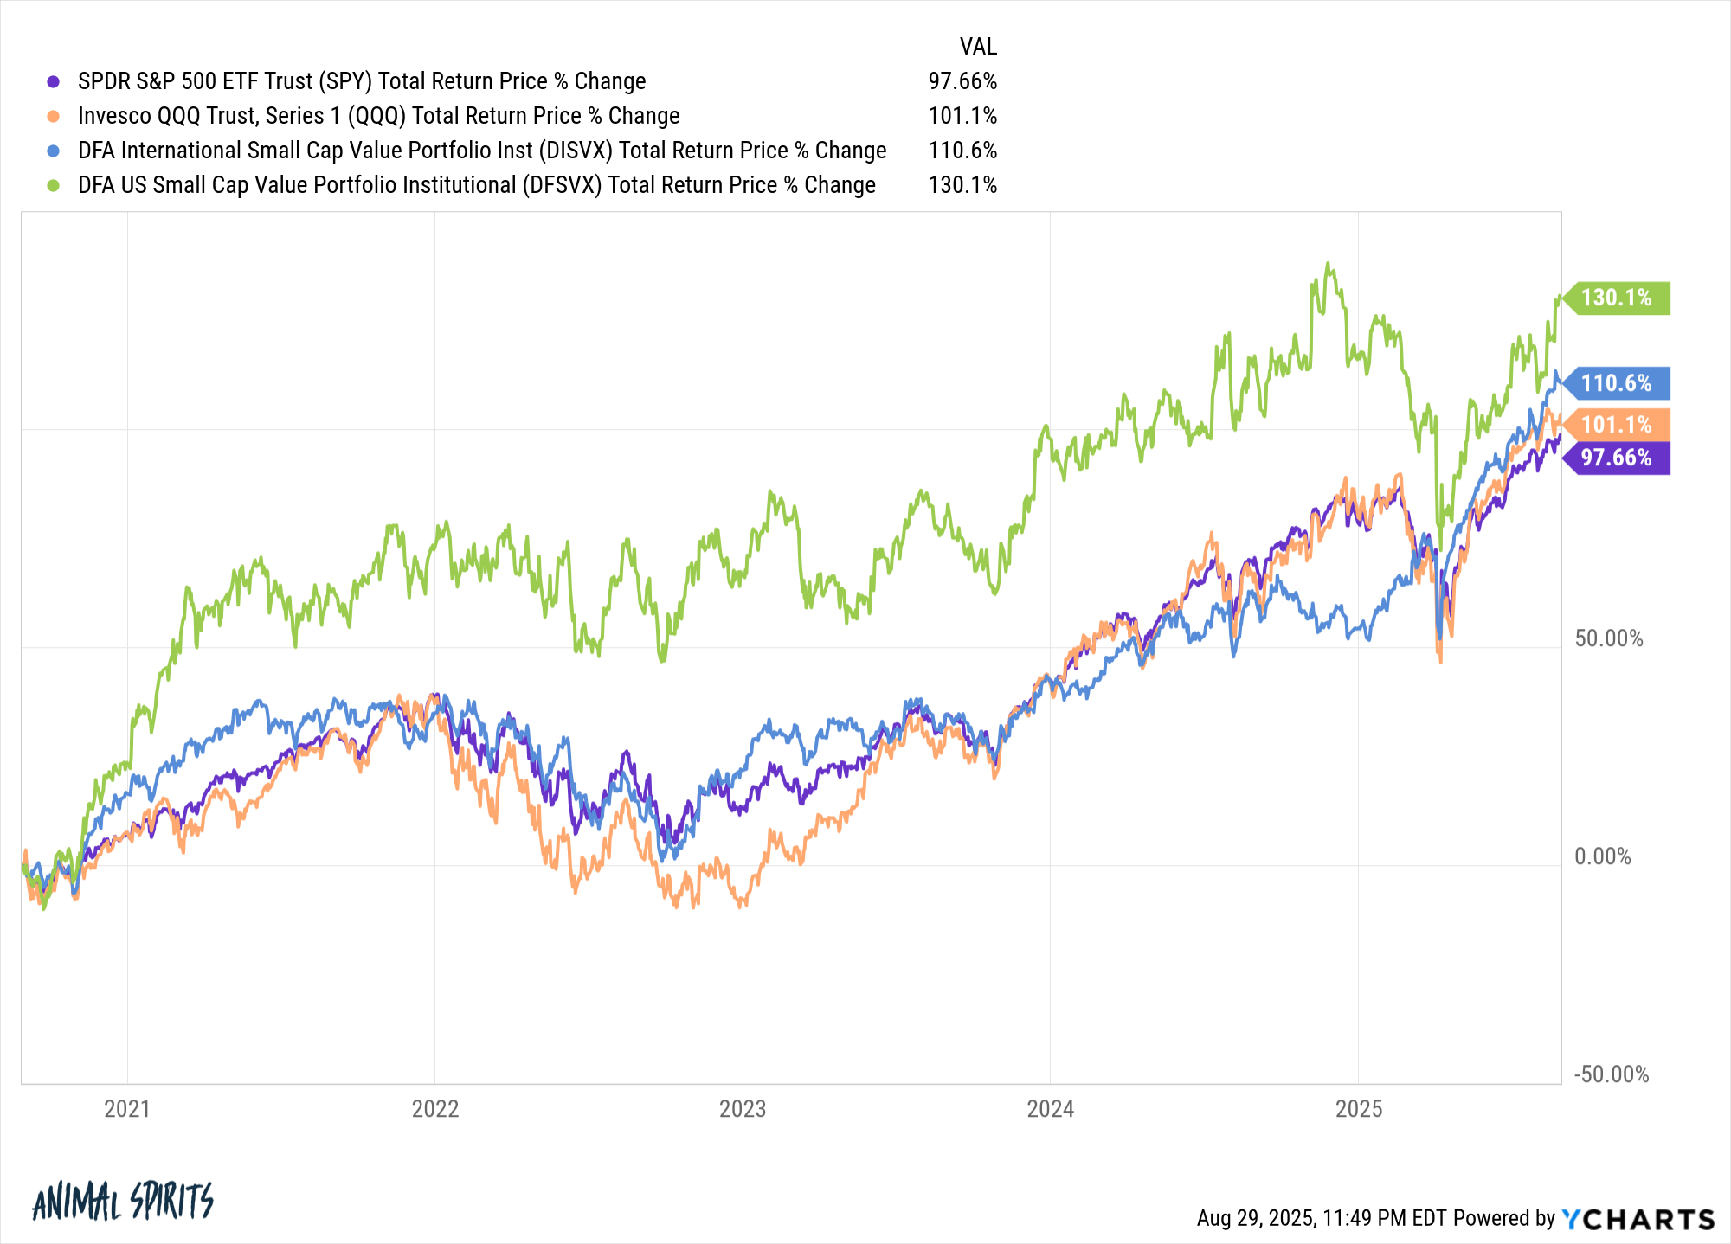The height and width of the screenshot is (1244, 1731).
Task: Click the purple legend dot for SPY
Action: pyautogui.click(x=54, y=81)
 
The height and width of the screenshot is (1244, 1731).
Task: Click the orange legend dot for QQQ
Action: pyautogui.click(x=54, y=116)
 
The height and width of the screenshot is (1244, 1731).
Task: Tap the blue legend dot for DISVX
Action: pyautogui.click(x=54, y=151)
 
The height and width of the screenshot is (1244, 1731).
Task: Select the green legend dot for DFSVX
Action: pyautogui.click(x=54, y=185)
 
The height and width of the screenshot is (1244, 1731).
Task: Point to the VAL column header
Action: pyautogui.click(x=978, y=47)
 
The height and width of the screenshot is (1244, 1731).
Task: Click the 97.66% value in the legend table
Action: pyautogui.click(x=962, y=81)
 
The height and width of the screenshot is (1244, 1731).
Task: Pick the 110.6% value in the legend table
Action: pyautogui.click(x=962, y=151)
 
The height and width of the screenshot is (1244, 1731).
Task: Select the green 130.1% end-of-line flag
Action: pyautogui.click(x=1616, y=298)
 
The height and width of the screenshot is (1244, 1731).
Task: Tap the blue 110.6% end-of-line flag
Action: pyautogui.click(x=1616, y=382)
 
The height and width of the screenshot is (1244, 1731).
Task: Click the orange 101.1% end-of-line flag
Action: pyautogui.click(x=1616, y=425)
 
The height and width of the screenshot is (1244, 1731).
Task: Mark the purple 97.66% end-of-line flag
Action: pyautogui.click(x=1616, y=458)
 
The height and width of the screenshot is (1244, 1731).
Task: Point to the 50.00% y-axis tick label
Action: pyautogui.click(x=1608, y=638)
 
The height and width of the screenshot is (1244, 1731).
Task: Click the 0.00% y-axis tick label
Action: pyautogui.click(x=1602, y=856)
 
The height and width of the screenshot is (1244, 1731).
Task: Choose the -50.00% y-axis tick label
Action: pyautogui.click(x=1611, y=1074)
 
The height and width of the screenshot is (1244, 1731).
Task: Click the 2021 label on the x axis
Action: pyautogui.click(x=127, y=1109)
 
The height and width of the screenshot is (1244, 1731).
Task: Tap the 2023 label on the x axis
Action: pyautogui.click(x=743, y=1109)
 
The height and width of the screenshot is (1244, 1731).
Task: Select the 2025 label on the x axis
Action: pyautogui.click(x=1359, y=1109)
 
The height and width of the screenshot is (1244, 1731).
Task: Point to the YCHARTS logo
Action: pyautogui.click(x=1638, y=1219)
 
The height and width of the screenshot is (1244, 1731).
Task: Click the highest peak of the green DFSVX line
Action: pyautogui.click(x=1328, y=264)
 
